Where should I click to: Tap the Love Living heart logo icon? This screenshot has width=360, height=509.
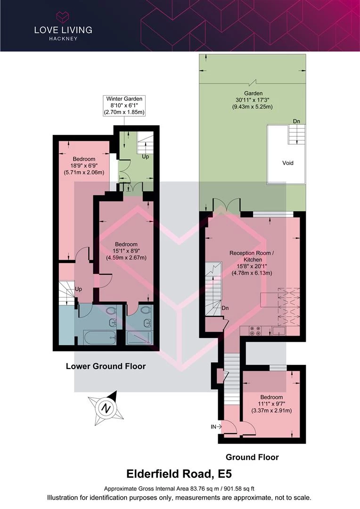pyautogui.click(x=63, y=17)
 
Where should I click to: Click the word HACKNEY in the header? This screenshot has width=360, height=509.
pyautogui.click(x=63, y=39)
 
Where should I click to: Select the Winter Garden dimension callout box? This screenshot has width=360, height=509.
pyautogui.click(x=124, y=106)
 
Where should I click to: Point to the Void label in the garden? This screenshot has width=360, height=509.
pyautogui.click(x=287, y=163)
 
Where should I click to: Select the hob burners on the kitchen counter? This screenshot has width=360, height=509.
pyautogui.click(x=255, y=331)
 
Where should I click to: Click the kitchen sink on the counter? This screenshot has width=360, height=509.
pyautogui.click(x=279, y=331)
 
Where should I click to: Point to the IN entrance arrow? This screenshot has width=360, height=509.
pyautogui.click(x=216, y=427)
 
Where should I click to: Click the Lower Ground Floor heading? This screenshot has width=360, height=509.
pyautogui.click(x=106, y=366)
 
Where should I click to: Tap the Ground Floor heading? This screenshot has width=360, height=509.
pyautogui.click(x=252, y=457)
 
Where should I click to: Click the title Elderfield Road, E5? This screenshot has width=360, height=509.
pyautogui.click(x=179, y=474)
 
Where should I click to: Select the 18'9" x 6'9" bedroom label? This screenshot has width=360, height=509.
pyautogui.click(x=84, y=165)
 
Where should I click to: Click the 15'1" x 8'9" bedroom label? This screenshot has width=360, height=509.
pyautogui.click(x=126, y=251)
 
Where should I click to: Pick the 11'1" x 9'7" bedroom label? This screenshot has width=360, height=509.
pyautogui.click(x=271, y=403)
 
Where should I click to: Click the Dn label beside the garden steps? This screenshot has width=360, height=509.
pyautogui.click(x=296, y=121)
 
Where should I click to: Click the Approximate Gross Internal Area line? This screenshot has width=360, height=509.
pyautogui.click(x=179, y=488)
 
